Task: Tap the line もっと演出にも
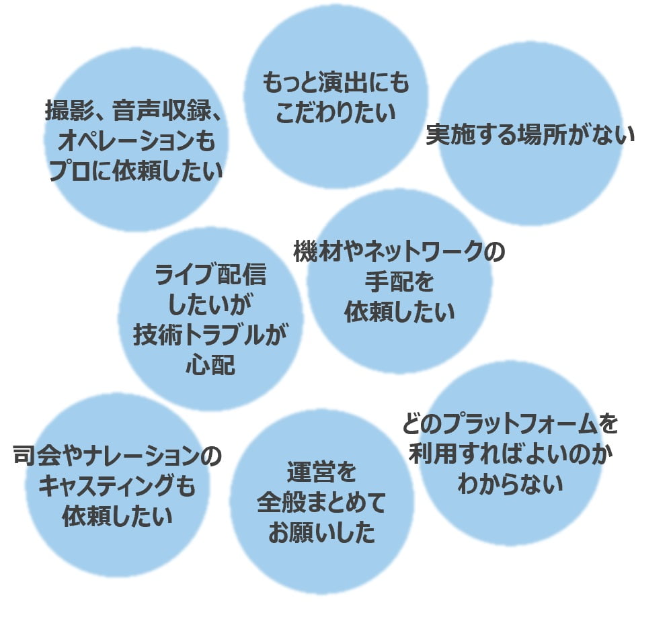click(335, 85)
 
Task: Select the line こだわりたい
click(335, 112)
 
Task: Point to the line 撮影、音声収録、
click(134, 112)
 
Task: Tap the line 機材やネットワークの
click(399, 253)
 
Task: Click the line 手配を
click(399, 282)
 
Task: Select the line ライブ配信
click(210, 276)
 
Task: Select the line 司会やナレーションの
click(118, 457)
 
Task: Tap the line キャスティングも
click(118, 487)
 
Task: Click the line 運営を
click(321, 472)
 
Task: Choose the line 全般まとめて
click(321, 503)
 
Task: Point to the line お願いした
click(321, 533)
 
